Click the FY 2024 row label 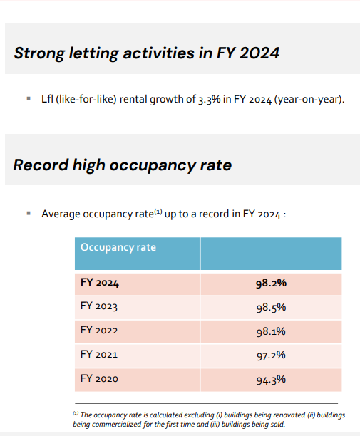tap(100, 283)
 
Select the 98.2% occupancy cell tap(272, 284)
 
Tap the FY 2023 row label tap(99, 306)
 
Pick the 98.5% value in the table tap(272, 308)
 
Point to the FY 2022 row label tap(99, 331)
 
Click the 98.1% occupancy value tap(271, 331)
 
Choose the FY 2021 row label tap(99, 355)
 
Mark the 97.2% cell tap(271, 355)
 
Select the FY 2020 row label tap(99, 379)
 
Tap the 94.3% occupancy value tap(271, 380)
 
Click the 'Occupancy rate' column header tap(118, 247)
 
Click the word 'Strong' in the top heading tap(39, 53)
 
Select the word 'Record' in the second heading tap(41, 165)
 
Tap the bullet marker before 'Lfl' tap(29, 98)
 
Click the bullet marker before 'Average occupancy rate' tap(29, 213)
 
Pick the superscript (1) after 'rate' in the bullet tap(158, 212)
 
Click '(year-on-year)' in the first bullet tap(309, 100)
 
